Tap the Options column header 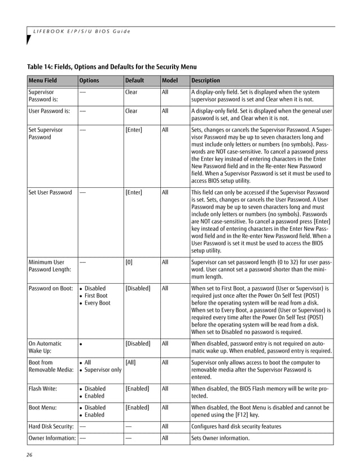click(x=89, y=81)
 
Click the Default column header click(x=134, y=81)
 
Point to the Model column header click(x=170, y=81)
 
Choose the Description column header click(x=206, y=81)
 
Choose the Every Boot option click(x=97, y=303)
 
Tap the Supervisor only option click(x=102, y=370)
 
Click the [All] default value click(x=130, y=362)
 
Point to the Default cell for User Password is click(x=131, y=111)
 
